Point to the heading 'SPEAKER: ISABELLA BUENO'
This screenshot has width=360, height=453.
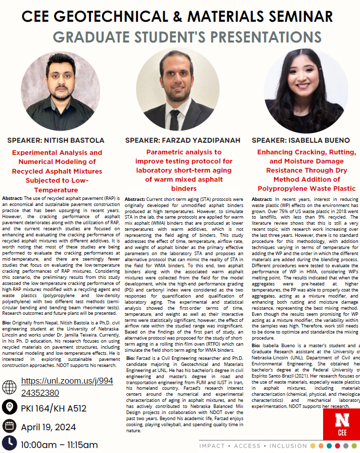pos(301,140)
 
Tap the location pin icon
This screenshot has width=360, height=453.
pos(9,406)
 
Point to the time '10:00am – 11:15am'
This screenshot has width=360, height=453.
pos(59,445)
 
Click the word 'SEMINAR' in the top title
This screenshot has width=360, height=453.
pos(290,16)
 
